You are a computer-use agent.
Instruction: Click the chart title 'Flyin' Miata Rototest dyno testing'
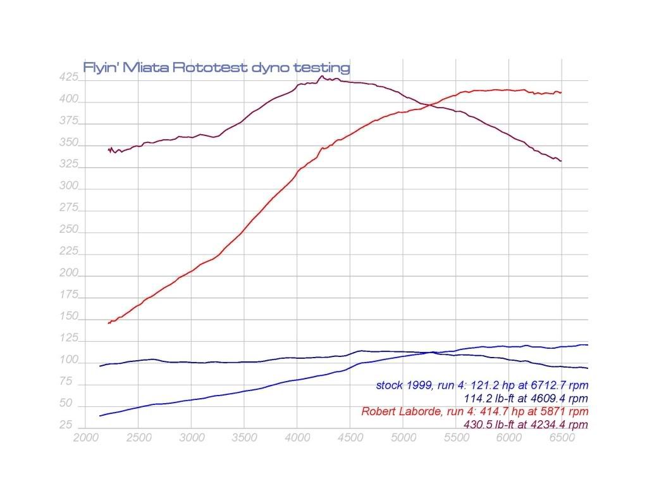coord(216,67)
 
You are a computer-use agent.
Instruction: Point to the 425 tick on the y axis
coord(70,78)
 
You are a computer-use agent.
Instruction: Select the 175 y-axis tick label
coord(70,295)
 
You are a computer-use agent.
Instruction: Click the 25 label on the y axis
coord(66,425)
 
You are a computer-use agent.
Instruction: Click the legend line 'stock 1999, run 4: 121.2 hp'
coord(482,385)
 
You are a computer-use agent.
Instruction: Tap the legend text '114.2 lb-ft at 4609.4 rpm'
coord(524,398)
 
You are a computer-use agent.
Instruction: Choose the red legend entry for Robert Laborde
coord(474,411)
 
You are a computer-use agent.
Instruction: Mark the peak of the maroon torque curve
coord(321,77)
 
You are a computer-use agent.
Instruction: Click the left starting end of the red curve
coord(109,323)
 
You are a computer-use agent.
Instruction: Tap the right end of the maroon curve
coord(561,161)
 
